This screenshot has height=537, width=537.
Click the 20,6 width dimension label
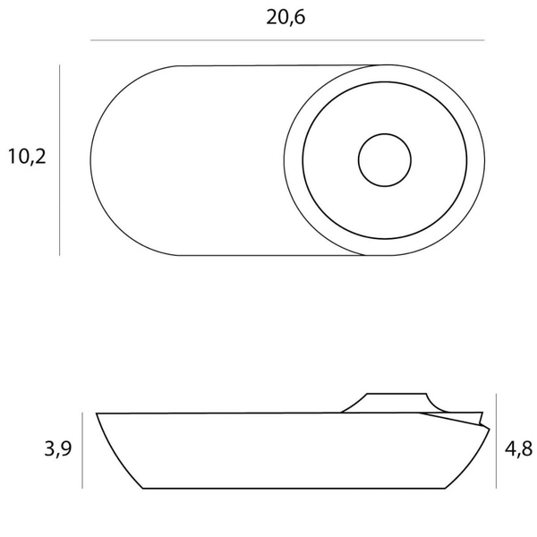[286, 18]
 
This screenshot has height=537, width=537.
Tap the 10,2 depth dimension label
[27, 157]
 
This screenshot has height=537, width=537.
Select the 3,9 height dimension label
[58, 448]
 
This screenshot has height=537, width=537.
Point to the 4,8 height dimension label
[518, 448]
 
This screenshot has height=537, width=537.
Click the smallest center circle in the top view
[385, 134]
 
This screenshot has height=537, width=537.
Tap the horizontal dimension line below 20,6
[287, 40]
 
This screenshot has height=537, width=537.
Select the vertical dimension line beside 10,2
[60, 160]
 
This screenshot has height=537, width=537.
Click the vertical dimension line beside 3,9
[82, 450]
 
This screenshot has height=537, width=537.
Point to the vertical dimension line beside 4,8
[496, 441]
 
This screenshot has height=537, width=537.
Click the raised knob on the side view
[396, 403]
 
